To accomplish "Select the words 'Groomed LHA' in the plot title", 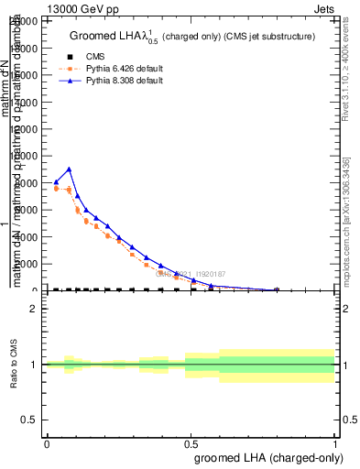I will coord(100,37).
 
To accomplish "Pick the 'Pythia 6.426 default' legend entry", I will coord(124,69).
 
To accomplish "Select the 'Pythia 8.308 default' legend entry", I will coord(124,81).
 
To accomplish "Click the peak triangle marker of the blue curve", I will coord(69,169).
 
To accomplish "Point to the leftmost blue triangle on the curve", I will coord(57,181).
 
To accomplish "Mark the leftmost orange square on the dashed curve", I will coord(57,189).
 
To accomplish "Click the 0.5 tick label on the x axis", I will coord(191,443).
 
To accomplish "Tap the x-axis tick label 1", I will coord(334,443).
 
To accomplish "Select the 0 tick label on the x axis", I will coord(47,443).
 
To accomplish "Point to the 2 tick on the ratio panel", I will coord(34,310).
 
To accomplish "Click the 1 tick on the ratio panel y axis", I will coord(34,365).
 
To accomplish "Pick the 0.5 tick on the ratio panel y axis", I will coord(30,420).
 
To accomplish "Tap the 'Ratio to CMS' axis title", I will coord(13,365).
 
